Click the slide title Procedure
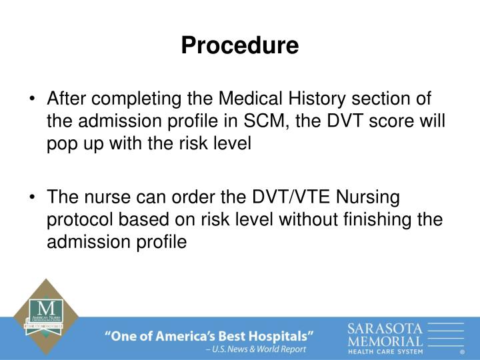click(240, 45)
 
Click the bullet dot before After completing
click(33, 101)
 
